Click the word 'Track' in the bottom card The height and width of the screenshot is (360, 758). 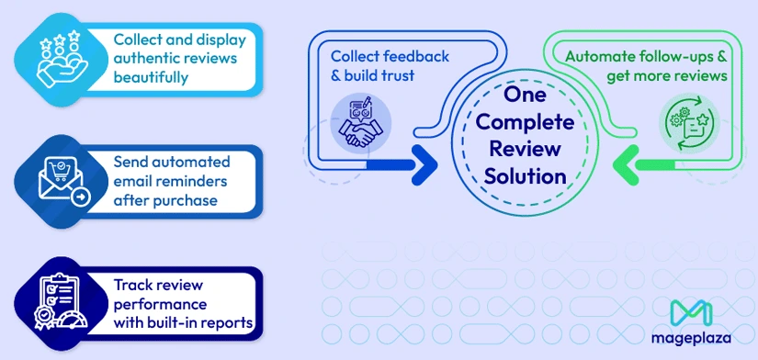click(133, 286)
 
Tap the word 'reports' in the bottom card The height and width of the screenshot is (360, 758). click(231, 322)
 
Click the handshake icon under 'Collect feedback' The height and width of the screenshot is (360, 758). click(360, 123)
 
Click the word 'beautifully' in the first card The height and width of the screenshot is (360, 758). click(151, 77)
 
